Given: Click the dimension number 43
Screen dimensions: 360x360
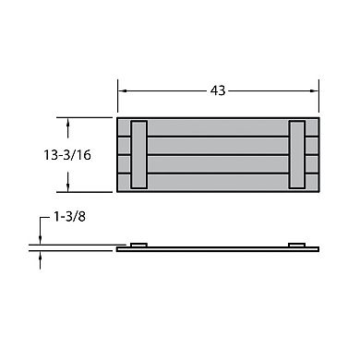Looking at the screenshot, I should coord(219,90).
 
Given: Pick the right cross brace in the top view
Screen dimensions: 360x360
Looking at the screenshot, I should coord(297,154).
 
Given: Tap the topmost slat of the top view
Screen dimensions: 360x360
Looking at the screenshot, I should coord(219,126).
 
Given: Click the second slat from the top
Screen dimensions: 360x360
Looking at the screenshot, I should coord(219,145).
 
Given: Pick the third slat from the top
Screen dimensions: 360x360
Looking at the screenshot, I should coord(219,163).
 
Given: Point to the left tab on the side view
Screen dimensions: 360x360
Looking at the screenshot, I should coord(139,244).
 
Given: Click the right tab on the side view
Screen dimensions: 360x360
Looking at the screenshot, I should coord(297,244).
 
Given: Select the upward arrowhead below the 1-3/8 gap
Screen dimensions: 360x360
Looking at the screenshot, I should coord(41,257).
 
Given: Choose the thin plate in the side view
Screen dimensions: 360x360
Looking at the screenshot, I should coord(219,248).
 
